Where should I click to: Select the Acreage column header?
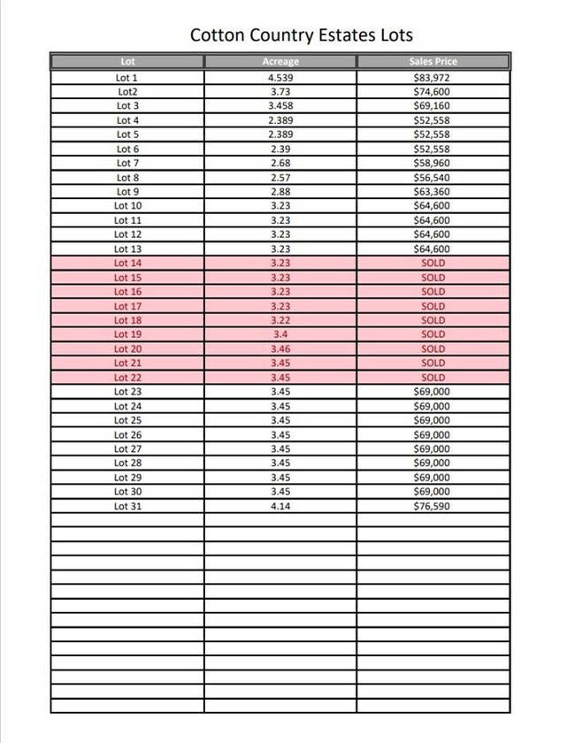coord(280,61)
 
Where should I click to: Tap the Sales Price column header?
coord(433,61)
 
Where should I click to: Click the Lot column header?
coord(127,61)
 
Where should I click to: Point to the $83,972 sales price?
coord(433,77)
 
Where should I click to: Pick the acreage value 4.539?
coord(280,77)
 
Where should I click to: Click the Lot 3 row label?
coord(127,105)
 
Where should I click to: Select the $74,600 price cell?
coord(433,91)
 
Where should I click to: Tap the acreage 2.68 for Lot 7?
coord(280,163)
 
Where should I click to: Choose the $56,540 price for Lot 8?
coord(433,177)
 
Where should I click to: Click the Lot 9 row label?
coord(127,191)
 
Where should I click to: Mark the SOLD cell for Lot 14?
coord(433,263)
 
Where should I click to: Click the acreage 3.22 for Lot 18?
coord(280,320)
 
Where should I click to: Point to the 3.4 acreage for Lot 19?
coord(280,334)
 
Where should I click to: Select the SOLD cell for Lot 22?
coord(433,377)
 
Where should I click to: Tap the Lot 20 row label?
coord(127,349)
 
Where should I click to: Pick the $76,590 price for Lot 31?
coord(433,506)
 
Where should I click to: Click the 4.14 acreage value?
coord(280,506)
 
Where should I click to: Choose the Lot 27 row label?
coord(127,448)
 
